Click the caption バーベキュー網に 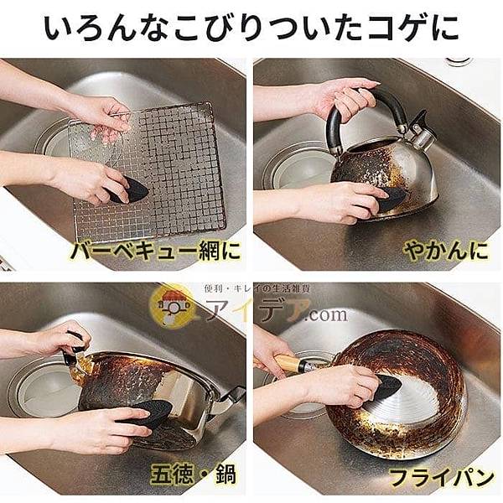pyautogui.click(x=155, y=251)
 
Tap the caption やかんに pyautogui.click(x=446, y=250)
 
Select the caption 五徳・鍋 pyautogui.click(x=193, y=474)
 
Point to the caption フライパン pyautogui.click(x=442, y=478)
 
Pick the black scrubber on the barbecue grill pyautogui.click(x=128, y=190)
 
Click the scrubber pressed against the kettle pyautogui.click(x=389, y=200)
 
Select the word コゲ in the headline pyautogui.click(x=394, y=27)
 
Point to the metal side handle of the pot pyautogui.click(x=231, y=397)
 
